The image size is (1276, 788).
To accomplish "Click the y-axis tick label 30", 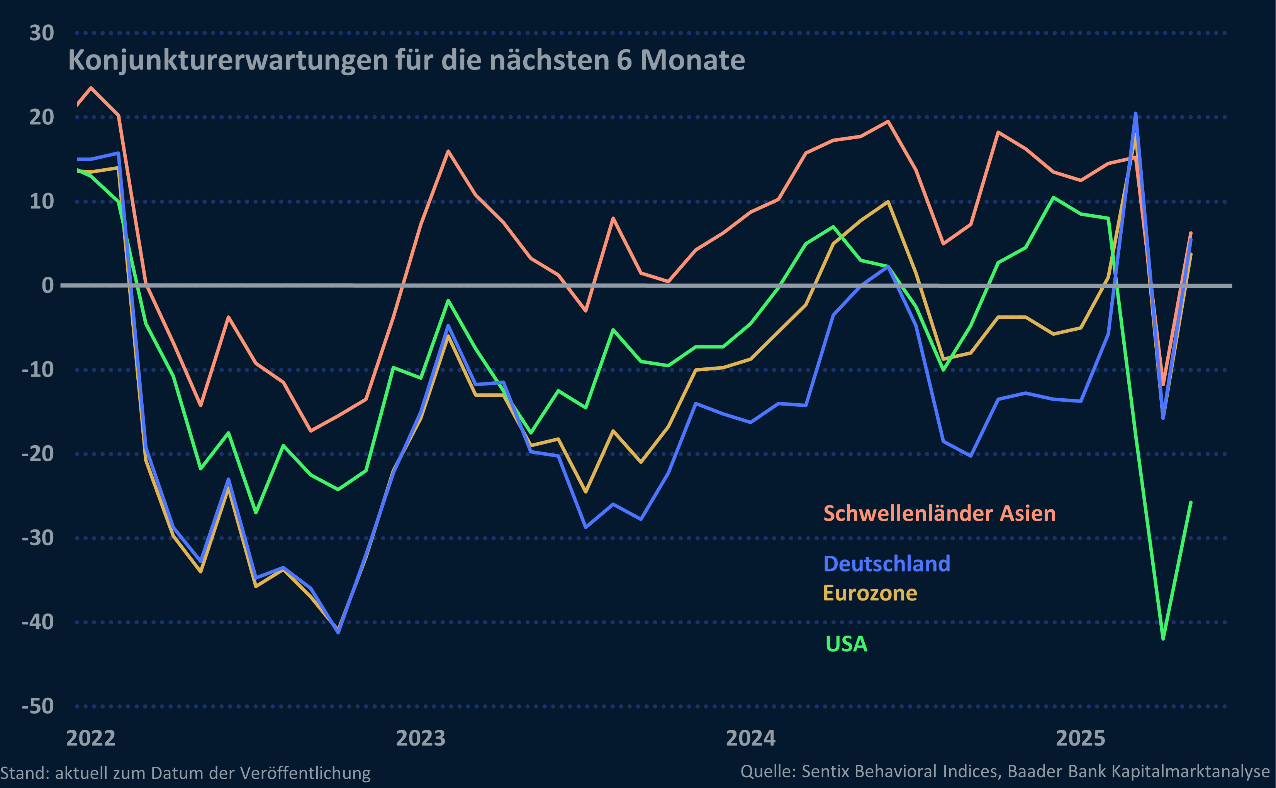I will pyautogui.click(x=41, y=33).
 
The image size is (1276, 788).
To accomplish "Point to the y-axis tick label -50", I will pyautogui.click(x=37, y=707).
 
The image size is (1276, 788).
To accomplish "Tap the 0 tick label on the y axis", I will pyautogui.click(x=48, y=286).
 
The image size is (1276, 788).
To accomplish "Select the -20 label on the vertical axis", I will pyautogui.click(x=37, y=454).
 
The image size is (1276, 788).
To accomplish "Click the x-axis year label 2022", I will pyautogui.click(x=91, y=739).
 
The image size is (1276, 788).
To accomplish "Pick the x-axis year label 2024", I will pyautogui.click(x=750, y=739).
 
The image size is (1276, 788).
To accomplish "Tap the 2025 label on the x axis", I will pyautogui.click(x=1081, y=739).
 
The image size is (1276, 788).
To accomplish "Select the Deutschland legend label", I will pyautogui.click(x=886, y=564).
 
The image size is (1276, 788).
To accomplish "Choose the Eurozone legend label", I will pyautogui.click(x=870, y=593).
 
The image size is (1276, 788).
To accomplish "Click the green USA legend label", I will pyautogui.click(x=846, y=644).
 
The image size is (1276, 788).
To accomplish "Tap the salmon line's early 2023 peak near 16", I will pyautogui.click(x=448, y=151).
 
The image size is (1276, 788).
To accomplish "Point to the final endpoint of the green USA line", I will pyautogui.click(x=1191, y=502).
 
